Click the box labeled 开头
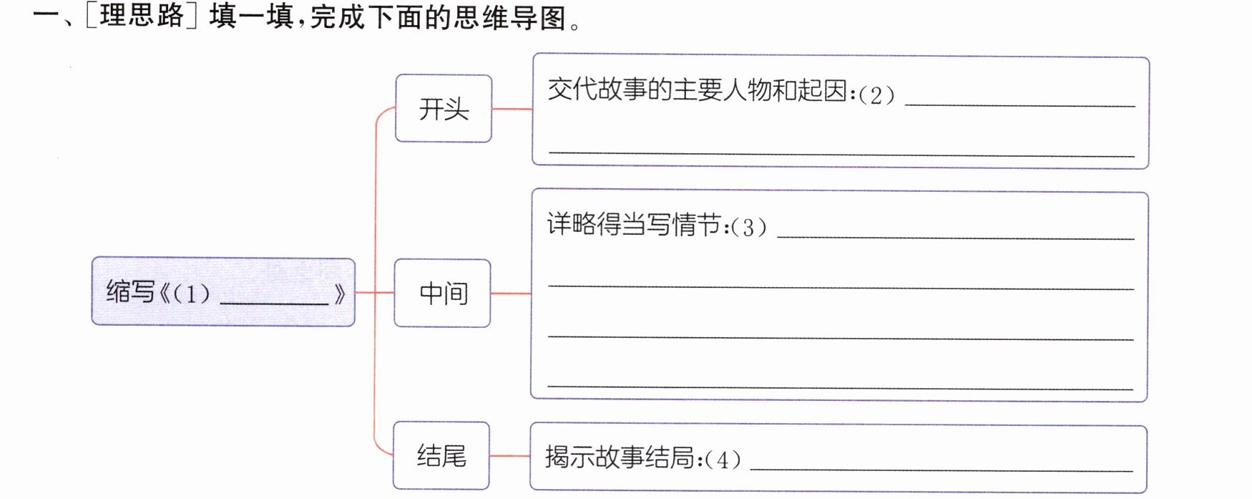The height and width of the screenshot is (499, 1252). [444, 109]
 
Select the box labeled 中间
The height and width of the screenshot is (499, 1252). [443, 293]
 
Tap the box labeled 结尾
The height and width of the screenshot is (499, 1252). [441, 455]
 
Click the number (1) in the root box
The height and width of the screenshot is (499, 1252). [191, 294]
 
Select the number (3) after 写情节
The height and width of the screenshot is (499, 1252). [748, 228]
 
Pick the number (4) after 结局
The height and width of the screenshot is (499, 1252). [723, 460]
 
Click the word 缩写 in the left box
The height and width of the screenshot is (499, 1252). [130, 292]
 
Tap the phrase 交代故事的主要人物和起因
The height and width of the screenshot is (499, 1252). [698, 91]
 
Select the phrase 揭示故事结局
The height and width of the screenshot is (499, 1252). [620, 457]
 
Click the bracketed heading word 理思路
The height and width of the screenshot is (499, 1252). [142, 16]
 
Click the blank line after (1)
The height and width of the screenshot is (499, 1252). [274, 304]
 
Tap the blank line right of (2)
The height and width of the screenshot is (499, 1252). [1020, 106]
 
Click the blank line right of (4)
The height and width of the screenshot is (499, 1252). [942, 470]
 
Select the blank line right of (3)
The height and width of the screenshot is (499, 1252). [956, 238]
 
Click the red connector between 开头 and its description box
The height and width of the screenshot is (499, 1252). [512, 109]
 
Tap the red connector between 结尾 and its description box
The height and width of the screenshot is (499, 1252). [510, 455]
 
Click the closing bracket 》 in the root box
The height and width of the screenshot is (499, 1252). [340, 294]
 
